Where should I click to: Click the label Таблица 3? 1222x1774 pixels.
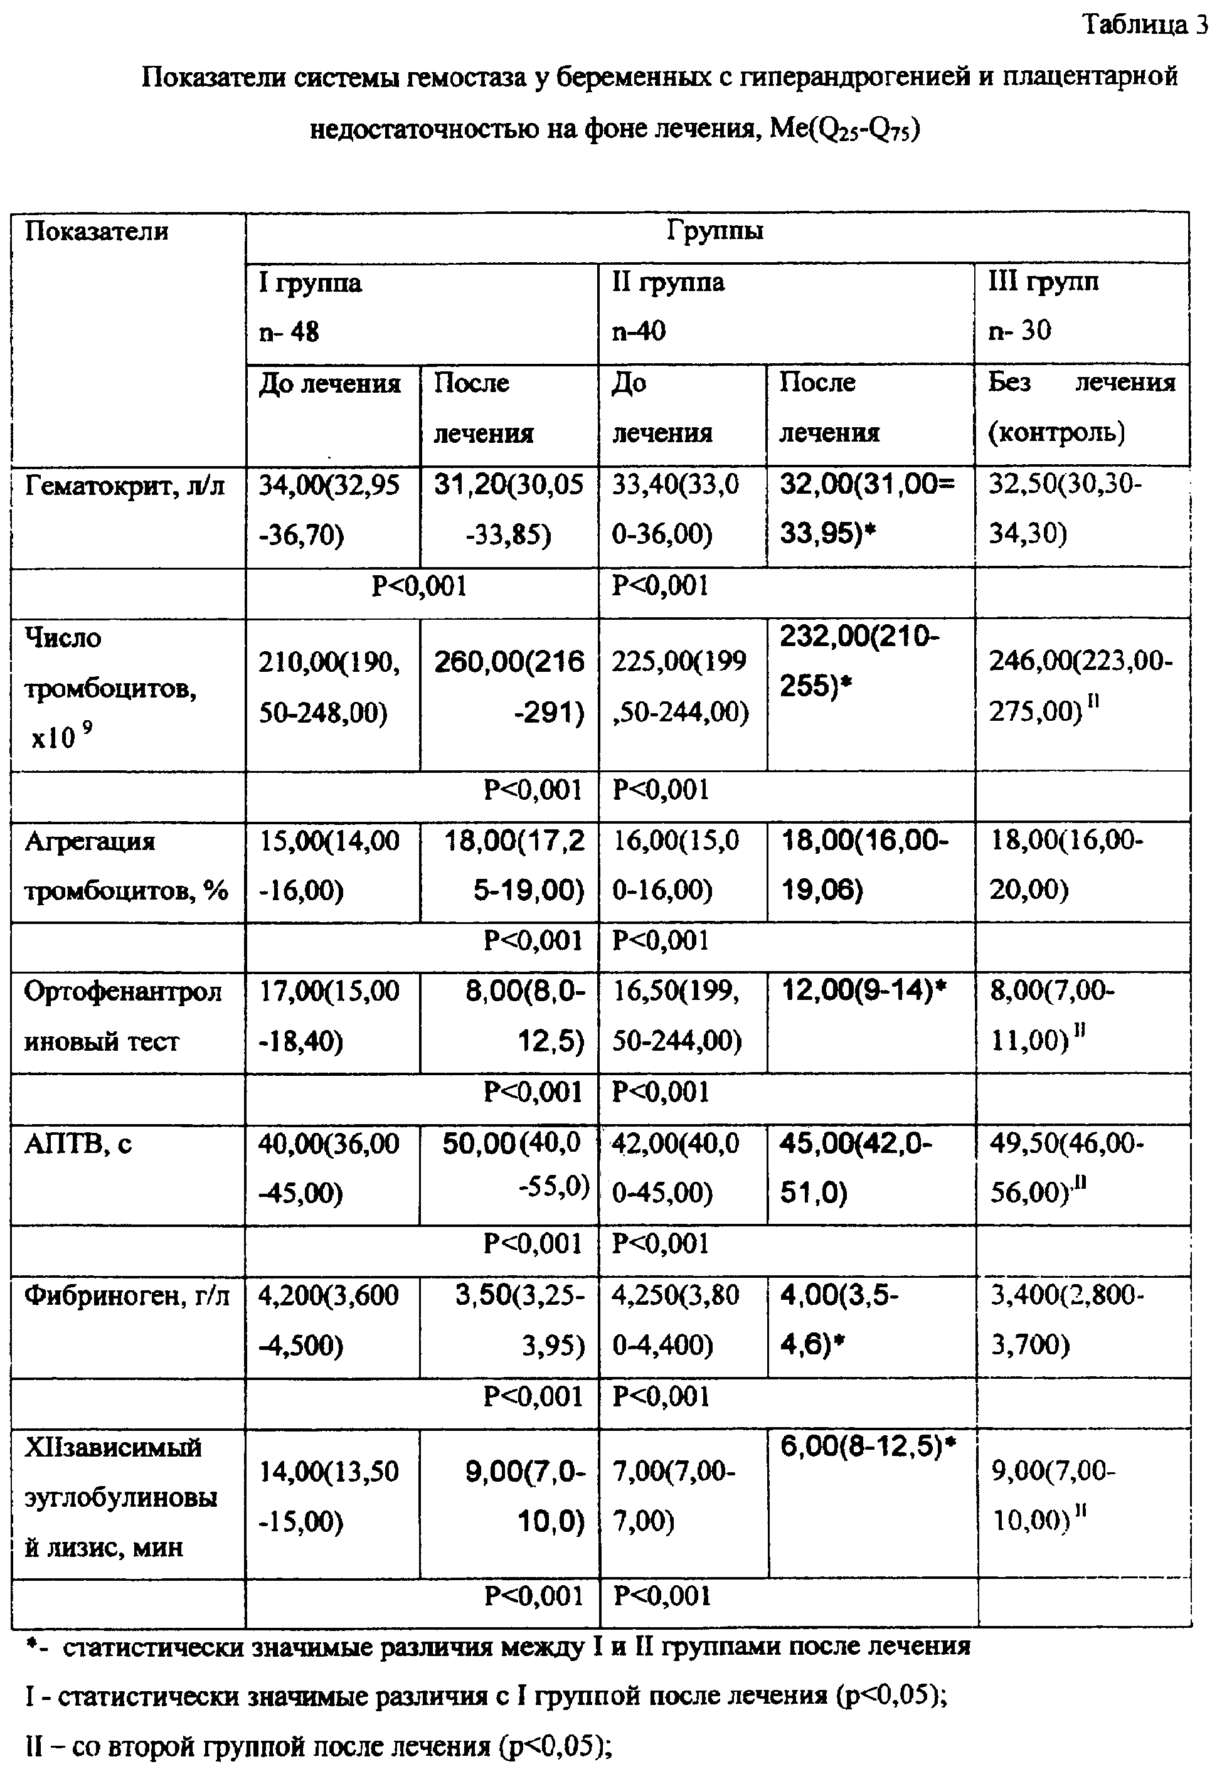pyautogui.click(x=1144, y=24)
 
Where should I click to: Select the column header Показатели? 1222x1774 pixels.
pyautogui.click(x=97, y=231)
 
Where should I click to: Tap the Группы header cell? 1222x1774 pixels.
pyautogui.click(x=715, y=230)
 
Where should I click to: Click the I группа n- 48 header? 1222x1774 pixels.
pyautogui.click(x=309, y=307)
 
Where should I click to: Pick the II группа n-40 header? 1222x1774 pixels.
pyautogui.click(x=667, y=306)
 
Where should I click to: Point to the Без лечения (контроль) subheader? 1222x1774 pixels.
pyautogui.click(x=1080, y=407)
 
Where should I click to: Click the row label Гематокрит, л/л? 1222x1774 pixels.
pyautogui.click(x=125, y=486)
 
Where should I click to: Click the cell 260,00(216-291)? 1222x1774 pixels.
pyautogui.click(x=509, y=688)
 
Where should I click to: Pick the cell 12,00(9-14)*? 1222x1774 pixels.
pyautogui.click(x=864, y=992)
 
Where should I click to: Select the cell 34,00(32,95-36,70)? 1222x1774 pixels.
pyautogui.click(x=330, y=509)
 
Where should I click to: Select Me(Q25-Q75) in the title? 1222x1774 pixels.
pyautogui.click(x=844, y=129)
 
